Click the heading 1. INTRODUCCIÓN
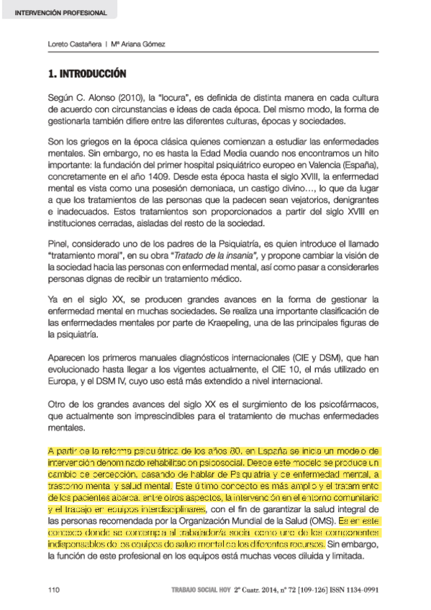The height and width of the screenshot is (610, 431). point(86,74)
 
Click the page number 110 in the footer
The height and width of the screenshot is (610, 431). point(53,589)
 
